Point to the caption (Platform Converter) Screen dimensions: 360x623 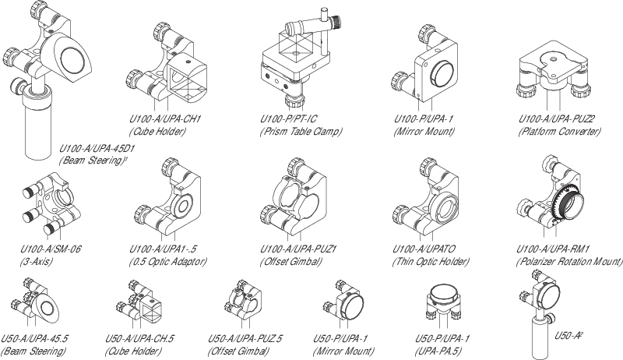pos(559,132)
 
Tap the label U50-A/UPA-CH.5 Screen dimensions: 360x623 pos(139,340)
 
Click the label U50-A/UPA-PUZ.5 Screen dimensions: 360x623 pos(245,340)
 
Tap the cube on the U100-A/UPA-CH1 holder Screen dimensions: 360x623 pos(184,81)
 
